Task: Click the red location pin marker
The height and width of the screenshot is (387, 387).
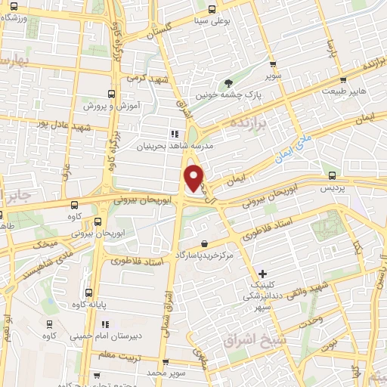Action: coord(195,178)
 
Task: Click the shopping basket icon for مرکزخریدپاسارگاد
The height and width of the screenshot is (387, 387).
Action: coord(206,243)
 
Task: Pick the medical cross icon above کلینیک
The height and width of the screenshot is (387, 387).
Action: coord(262,273)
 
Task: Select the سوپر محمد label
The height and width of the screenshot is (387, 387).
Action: coord(167,373)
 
